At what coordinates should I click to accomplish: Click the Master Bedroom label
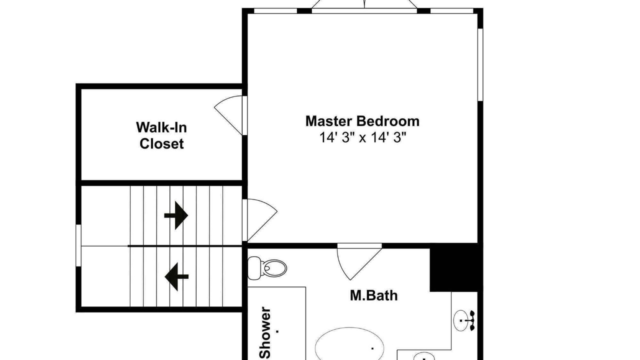tap(362, 121)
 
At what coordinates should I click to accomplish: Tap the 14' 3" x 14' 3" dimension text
tap(362, 137)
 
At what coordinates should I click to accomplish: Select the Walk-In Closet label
tap(161, 135)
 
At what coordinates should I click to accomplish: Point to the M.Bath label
tap(373, 295)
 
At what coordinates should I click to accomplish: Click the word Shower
tap(265, 333)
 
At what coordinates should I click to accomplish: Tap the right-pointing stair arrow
tap(176, 215)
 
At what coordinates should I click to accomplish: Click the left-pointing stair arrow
tap(176, 276)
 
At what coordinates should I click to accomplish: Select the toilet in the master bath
tap(267, 268)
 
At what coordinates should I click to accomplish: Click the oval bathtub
tap(349, 344)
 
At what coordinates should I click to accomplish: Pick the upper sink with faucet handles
tap(464, 320)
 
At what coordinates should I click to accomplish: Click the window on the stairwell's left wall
tap(78, 245)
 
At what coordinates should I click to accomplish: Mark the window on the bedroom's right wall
tap(480, 64)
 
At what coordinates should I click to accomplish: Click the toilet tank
tap(254, 268)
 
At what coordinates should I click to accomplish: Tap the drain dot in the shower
tap(277, 331)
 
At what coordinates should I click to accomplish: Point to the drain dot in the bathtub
tap(372, 348)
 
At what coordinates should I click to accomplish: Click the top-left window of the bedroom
tap(275, 11)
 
